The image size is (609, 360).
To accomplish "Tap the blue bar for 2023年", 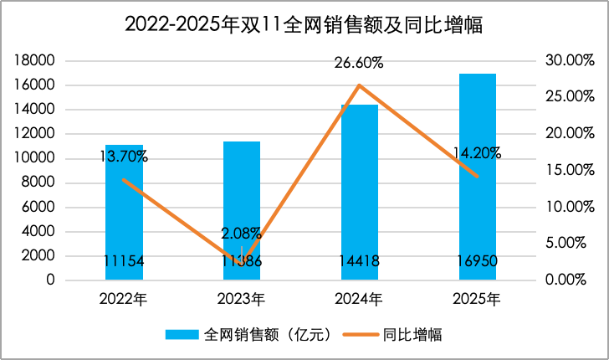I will [241, 209].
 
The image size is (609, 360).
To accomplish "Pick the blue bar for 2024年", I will [359, 193].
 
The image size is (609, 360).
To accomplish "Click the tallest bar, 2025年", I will [477, 176].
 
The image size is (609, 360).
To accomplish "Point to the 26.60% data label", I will [359, 63].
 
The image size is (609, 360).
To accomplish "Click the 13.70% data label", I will [124, 156].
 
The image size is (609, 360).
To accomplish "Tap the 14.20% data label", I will [477, 153].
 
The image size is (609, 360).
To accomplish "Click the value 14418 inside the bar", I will [359, 262].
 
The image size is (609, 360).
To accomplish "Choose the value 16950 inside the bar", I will [477, 262].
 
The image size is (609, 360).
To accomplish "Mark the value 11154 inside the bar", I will [124, 262].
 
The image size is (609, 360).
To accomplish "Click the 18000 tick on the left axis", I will [35, 61].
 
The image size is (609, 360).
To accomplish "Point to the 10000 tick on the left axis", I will [35, 158].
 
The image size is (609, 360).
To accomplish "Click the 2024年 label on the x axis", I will [359, 298].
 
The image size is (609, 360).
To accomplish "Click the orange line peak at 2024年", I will [359, 85].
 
